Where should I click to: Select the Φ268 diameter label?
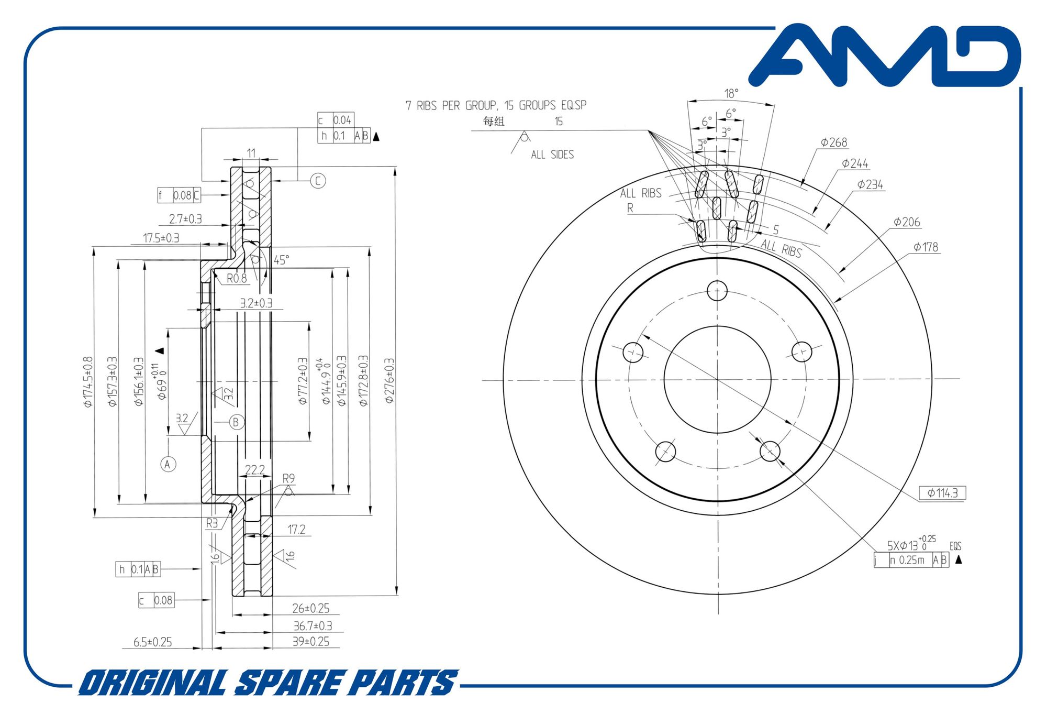click(834, 142)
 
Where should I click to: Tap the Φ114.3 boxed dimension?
click(942, 493)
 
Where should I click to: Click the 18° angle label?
click(731, 93)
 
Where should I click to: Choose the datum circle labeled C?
click(318, 181)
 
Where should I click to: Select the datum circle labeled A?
click(168, 464)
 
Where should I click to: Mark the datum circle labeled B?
click(236, 422)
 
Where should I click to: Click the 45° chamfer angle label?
click(282, 260)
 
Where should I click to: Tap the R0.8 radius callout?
click(237, 278)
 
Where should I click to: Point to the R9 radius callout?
click(288, 478)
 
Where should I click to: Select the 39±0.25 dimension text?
click(311, 642)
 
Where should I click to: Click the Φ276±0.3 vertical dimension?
click(389, 381)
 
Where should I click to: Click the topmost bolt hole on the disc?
click(717, 290)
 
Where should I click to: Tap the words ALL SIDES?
click(552, 155)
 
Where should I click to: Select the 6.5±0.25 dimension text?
click(152, 642)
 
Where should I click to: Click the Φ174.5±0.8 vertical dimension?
click(88, 382)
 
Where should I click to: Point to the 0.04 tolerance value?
click(342, 120)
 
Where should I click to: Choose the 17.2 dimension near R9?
click(296, 530)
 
